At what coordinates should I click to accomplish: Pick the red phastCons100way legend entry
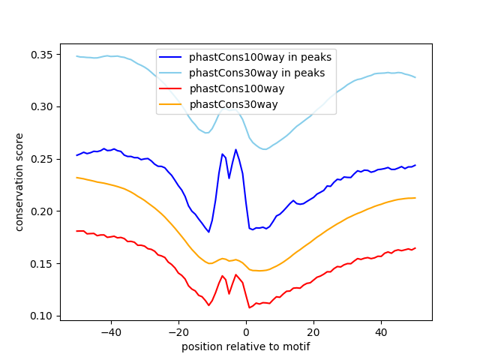(x=232, y=88)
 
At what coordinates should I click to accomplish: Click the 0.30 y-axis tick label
(x=42, y=107)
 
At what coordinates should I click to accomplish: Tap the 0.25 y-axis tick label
(x=42, y=159)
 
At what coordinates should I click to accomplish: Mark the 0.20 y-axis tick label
(x=42, y=211)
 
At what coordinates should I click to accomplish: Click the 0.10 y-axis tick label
(x=42, y=316)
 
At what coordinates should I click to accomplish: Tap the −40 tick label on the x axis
(x=110, y=332)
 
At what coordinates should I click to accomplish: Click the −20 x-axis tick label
(x=178, y=332)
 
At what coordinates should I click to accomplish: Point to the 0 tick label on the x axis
(x=246, y=332)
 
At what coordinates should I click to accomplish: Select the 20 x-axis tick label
(x=313, y=332)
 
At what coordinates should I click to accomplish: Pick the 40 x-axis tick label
(x=381, y=332)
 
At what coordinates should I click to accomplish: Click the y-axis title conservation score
(x=19, y=181)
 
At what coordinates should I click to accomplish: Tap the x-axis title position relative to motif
(x=246, y=346)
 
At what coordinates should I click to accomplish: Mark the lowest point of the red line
(x=249, y=307)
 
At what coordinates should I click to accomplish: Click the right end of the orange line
(x=415, y=198)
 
